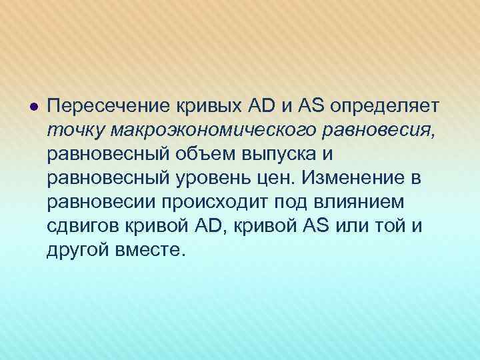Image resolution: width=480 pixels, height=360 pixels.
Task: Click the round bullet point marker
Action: [33, 107]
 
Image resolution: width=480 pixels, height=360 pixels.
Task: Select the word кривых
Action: [201, 107]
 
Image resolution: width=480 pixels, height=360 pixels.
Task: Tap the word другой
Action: [77, 250]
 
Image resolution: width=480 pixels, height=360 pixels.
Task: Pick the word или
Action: [359, 225]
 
